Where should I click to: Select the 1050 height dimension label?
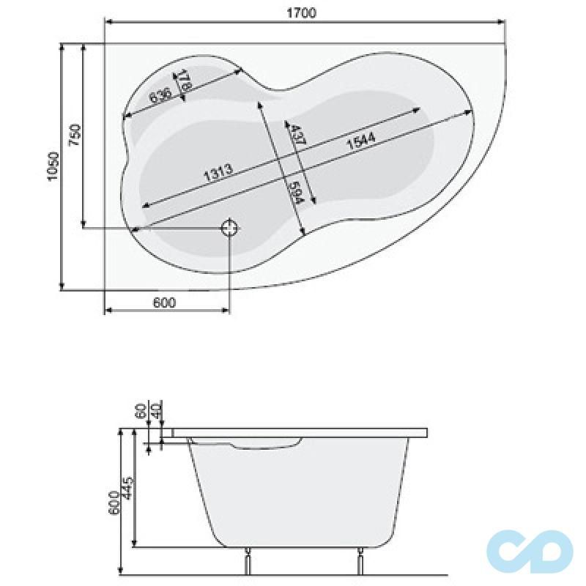52,167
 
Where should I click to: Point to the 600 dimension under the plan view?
166,303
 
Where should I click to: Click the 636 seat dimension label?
160,95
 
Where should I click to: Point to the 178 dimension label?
185,80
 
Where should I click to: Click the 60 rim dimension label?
141,410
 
